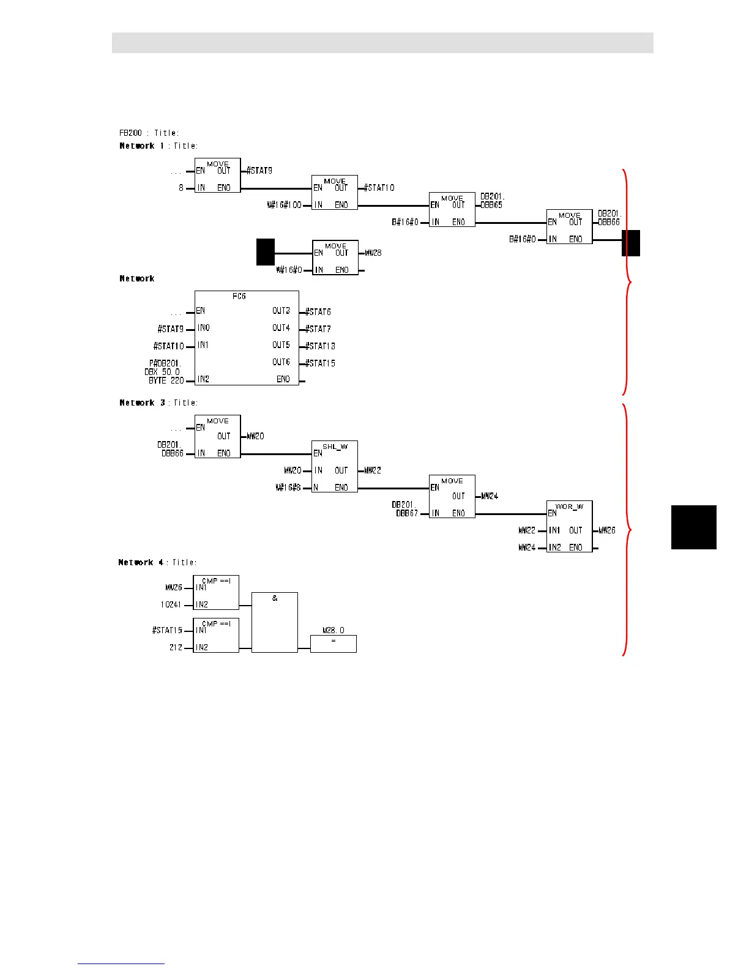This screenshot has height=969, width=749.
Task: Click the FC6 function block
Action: (x=247, y=338)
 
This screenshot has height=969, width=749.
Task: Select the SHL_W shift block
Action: (x=335, y=466)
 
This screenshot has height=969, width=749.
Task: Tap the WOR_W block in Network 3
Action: (x=569, y=526)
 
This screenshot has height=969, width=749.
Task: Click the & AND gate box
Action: (x=275, y=622)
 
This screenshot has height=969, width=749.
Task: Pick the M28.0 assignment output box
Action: (x=333, y=644)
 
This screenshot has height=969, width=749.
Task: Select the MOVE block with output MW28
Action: (x=335, y=257)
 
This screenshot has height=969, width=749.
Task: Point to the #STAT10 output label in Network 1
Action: (x=379, y=188)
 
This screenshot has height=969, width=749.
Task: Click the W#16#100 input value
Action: (x=284, y=205)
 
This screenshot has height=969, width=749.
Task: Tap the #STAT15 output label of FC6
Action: (x=320, y=363)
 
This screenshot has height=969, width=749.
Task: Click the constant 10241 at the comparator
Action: (x=171, y=604)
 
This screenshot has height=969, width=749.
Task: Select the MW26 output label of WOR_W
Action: (x=606, y=530)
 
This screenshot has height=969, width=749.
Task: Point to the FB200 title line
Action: (x=149, y=133)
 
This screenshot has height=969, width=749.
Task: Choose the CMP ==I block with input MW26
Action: (x=216, y=592)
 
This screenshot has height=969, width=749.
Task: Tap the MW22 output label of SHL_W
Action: (x=372, y=470)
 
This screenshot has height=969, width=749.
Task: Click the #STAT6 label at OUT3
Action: (x=318, y=312)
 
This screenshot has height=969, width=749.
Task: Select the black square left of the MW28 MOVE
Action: (x=265, y=252)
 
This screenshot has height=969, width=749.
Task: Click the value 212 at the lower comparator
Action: (x=176, y=647)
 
